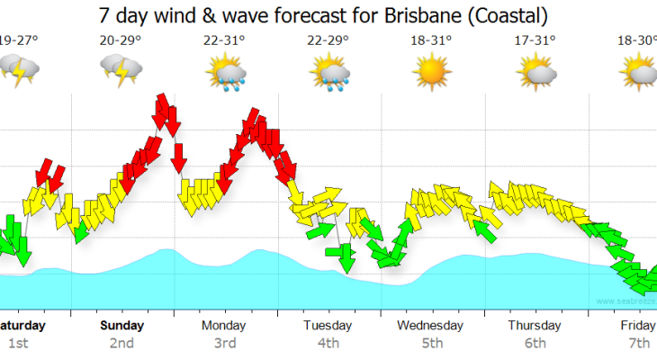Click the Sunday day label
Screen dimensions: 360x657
point(121,325)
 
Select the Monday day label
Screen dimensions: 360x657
point(225,325)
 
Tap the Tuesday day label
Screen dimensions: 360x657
point(328,325)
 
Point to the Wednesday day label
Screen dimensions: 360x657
point(432,325)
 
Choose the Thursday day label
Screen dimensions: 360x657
point(535,325)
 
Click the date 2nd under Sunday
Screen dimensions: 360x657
point(121,343)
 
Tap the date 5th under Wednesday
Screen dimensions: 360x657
point(432,343)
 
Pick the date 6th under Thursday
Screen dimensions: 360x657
point(535,343)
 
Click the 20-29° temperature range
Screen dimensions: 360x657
point(121,40)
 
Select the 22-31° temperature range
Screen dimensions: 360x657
point(225,40)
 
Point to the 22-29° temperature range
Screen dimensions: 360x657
point(328,40)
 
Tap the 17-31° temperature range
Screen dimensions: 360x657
point(535,40)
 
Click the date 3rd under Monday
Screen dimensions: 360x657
point(225,343)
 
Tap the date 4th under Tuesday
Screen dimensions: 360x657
point(328,343)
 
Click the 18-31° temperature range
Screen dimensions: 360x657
point(432,40)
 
